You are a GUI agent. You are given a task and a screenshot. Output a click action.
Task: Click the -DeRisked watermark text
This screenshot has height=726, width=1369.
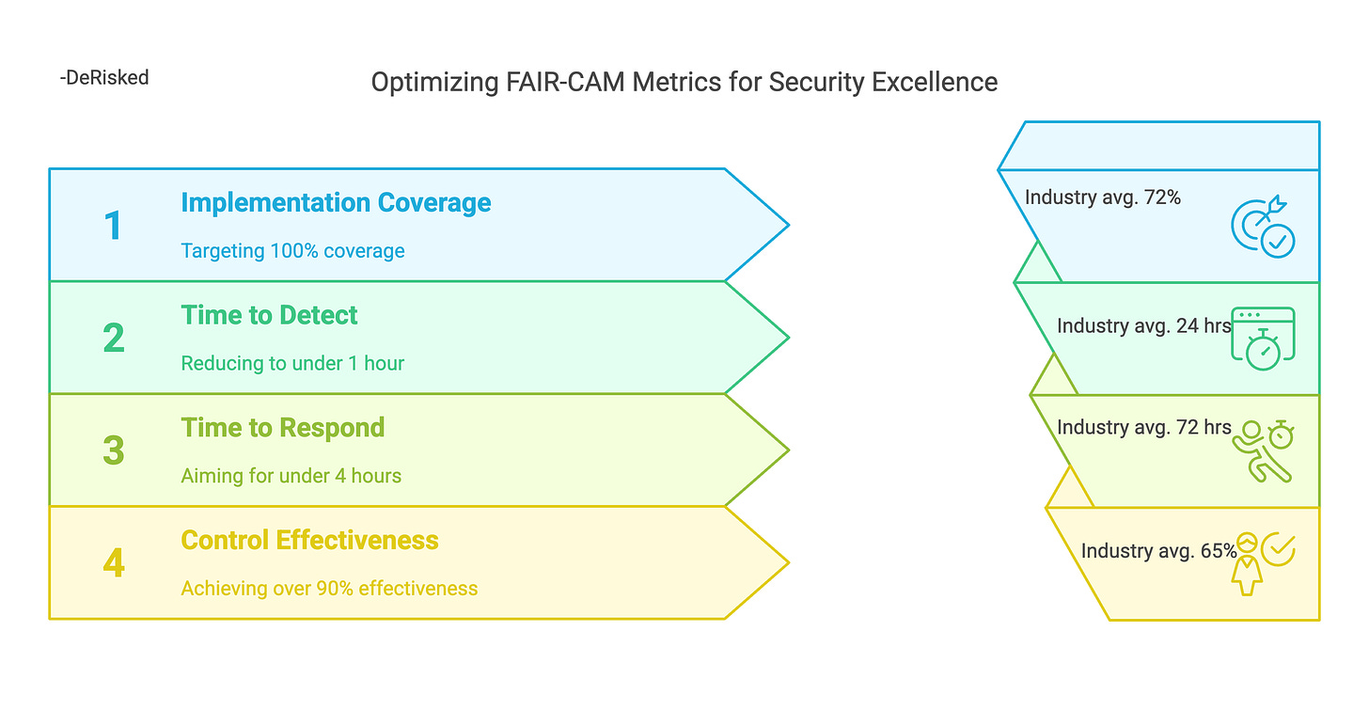point(103,78)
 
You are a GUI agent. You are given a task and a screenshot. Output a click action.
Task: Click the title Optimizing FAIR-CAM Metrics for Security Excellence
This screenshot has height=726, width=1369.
point(684,83)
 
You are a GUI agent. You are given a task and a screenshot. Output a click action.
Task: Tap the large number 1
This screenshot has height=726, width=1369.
point(113,226)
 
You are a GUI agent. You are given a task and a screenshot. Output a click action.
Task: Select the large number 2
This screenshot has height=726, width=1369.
point(113,339)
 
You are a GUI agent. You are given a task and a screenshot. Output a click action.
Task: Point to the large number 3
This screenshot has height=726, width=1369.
point(113,450)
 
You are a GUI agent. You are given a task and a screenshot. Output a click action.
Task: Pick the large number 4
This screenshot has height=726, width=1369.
point(113,563)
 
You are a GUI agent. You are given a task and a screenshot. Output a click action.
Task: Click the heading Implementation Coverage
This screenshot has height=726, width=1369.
point(336,203)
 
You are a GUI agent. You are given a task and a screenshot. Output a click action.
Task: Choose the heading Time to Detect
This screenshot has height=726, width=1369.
point(269,315)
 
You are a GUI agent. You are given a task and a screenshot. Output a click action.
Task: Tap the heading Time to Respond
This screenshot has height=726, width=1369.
point(282,428)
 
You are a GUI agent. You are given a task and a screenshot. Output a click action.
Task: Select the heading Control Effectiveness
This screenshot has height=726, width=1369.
point(309,541)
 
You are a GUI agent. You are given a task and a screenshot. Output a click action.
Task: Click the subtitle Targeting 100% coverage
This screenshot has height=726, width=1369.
point(292,251)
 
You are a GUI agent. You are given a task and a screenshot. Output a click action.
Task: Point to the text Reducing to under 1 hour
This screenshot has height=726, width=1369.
point(292,364)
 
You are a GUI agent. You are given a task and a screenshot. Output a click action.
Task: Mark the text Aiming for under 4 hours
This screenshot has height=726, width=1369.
point(291,476)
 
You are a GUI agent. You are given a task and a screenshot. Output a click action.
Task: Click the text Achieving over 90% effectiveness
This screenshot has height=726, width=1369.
point(329,589)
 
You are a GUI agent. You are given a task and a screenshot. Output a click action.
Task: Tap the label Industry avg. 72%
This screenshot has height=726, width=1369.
point(1102,197)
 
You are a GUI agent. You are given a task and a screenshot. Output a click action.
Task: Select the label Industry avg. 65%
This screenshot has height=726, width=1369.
point(1158,551)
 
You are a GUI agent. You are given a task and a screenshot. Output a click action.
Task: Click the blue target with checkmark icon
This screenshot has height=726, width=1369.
point(1263,228)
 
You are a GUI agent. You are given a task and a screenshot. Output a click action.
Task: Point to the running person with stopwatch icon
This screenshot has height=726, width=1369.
point(1263,451)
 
